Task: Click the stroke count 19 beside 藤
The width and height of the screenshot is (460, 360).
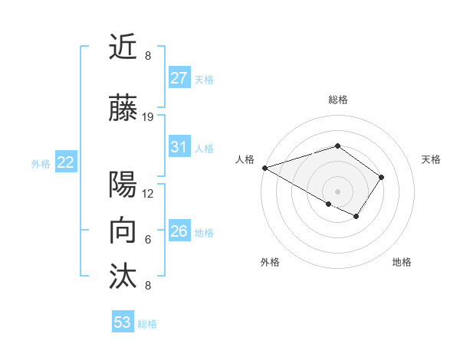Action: click(x=148, y=117)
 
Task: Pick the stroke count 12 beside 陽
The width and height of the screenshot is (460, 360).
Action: click(x=148, y=193)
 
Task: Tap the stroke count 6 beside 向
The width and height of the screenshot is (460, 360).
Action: click(x=148, y=240)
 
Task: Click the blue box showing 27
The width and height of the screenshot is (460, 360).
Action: click(x=179, y=78)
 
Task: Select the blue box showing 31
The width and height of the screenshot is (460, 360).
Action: click(x=179, y=147)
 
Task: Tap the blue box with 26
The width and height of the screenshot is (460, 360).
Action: click(x=179, y=231)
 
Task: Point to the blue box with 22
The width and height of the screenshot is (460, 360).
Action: click(x=66, y=162)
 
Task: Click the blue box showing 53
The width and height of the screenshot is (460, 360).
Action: click(x=123, y=322)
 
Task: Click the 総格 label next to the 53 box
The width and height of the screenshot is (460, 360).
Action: click(x=147, y=324)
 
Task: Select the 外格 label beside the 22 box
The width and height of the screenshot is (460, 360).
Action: click(x=41, y=163)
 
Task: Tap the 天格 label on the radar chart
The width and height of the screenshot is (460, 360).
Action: click(x=431, y=159)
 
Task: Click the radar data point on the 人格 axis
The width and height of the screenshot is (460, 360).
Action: click(x=264, y=168)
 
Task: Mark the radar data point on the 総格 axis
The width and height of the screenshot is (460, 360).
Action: click(x=337, y=146)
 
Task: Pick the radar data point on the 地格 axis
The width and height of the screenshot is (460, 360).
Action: click(x=356, y=217)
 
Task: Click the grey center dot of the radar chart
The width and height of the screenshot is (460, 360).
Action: click(x=337, y=190)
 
